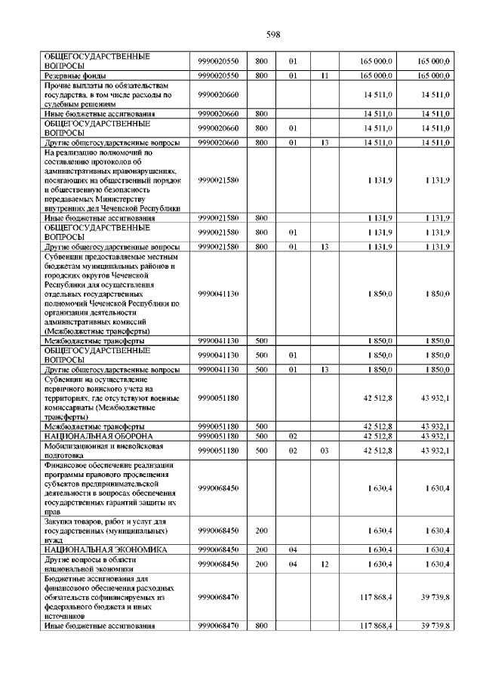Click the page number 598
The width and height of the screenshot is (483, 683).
pyautogui.click(x=273, y=34)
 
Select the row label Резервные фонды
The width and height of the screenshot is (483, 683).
pyautogui.click(x=73, y=76)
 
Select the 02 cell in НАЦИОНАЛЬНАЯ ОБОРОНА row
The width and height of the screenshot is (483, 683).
pyautogui.click(x=294, y=436)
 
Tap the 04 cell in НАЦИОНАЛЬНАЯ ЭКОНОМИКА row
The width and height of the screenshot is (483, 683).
pyautogui.click(x=294, y=549)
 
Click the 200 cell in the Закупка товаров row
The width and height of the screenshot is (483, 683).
pyautogui.click(x=262, y=531)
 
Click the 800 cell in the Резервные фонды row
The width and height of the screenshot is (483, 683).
pyautogui.click(x=262, y=76)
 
